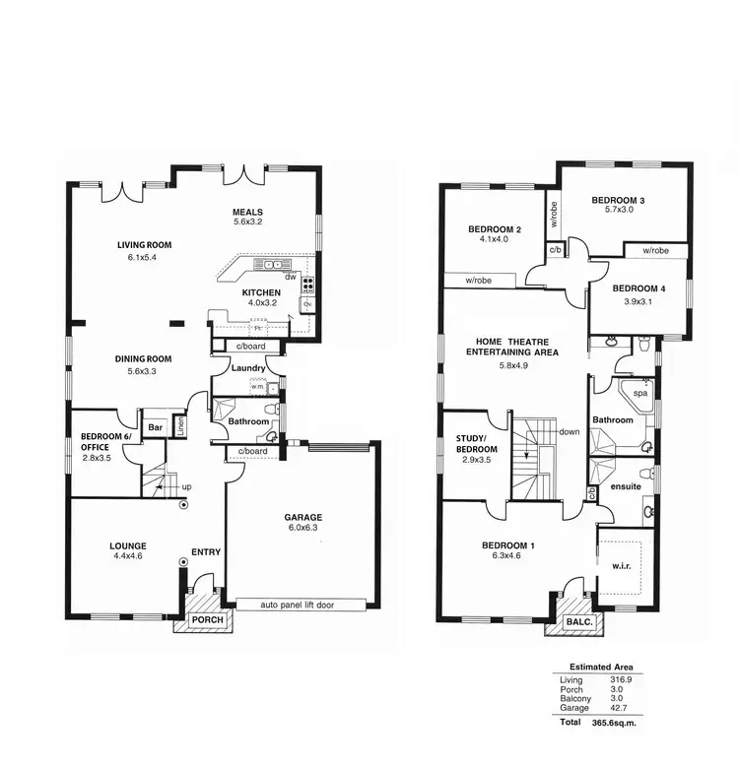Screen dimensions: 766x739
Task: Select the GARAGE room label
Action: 303,518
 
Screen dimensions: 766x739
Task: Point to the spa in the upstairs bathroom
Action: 639,392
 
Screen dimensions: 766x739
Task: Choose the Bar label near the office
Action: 155,428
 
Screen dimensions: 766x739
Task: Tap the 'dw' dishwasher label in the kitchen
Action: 291,277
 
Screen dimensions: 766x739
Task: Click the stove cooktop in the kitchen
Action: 307,287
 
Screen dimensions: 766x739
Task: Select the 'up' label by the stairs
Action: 186,487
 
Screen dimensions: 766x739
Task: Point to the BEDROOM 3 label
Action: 618,201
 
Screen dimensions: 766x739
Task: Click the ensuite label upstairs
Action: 627,485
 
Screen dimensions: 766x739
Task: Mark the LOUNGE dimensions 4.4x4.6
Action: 127,556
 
